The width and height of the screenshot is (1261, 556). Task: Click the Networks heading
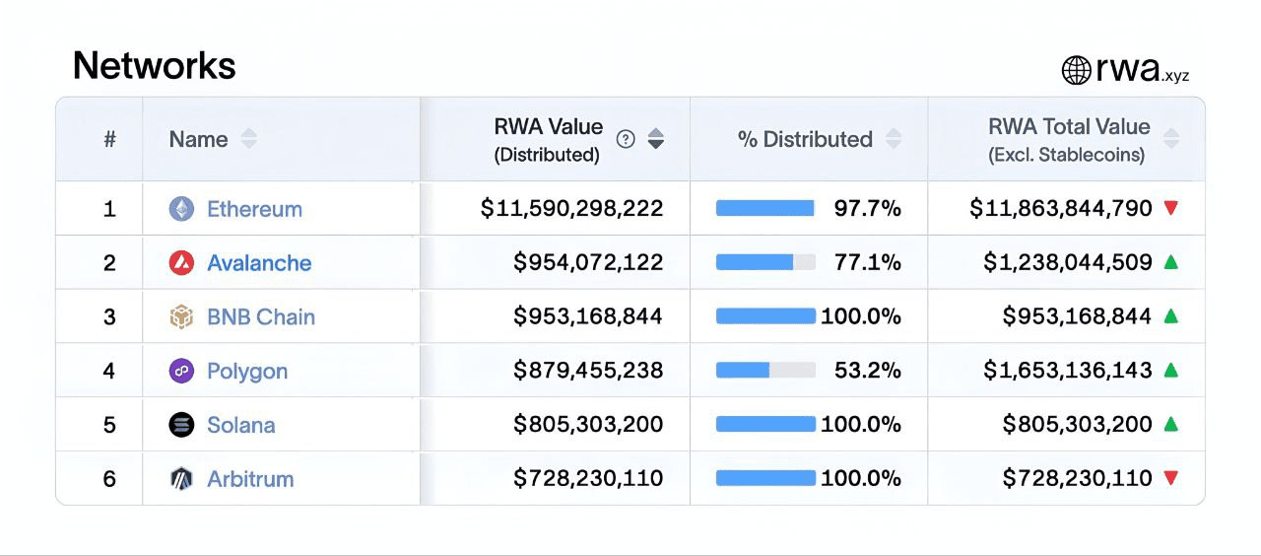[155, 66]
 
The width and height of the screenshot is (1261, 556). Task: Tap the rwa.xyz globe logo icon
[1076, 70]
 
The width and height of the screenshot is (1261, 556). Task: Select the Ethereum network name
[254, 209]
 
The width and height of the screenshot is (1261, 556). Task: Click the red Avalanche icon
[181, 263]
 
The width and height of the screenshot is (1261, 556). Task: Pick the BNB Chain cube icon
[181, 317]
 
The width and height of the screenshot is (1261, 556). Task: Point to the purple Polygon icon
[181, 372]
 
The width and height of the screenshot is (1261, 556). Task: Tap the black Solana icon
[181, 425]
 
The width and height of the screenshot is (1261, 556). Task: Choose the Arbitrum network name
[250, 479]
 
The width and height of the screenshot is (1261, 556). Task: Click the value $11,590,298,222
[571, 209]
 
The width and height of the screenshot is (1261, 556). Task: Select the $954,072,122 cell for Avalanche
[588, 263]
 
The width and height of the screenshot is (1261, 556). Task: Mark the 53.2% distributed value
[867, 371]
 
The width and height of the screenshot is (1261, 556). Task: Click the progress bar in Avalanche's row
[765, 263]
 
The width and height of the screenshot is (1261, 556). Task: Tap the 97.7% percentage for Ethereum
[867, 209]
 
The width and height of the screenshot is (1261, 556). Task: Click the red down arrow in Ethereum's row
[1170, 208]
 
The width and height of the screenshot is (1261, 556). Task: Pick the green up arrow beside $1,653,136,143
[1170, 371]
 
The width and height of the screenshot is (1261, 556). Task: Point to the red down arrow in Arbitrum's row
[1170, 478]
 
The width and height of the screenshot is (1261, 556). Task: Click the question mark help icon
[626, 139]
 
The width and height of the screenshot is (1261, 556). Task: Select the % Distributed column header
[805, 139]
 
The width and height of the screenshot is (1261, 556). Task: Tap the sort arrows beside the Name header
[249, 139]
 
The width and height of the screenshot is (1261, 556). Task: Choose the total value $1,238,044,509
[1067, 263]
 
